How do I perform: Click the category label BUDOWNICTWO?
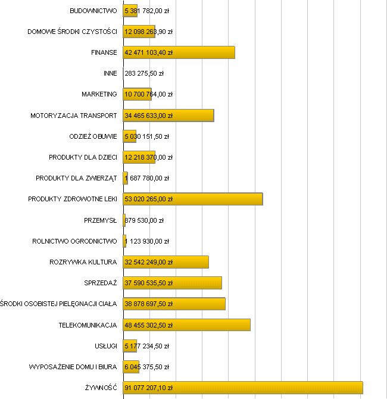tap(93, 11)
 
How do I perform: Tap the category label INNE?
tap(110, 73)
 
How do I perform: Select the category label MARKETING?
tap(99, 94)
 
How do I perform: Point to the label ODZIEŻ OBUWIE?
tap(93, 136)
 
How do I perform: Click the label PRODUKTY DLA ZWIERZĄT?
tap(76, 178)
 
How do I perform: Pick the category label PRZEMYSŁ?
tap(101, 220)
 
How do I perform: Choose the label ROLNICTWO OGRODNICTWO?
tap(74, 241)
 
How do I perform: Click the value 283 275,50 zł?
tap(144, 73)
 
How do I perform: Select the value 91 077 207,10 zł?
tap(148, 388)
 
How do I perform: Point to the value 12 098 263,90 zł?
tap(148, 32)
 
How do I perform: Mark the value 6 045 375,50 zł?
tap(146, 367)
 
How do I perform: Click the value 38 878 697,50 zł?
tap(148, 304)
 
